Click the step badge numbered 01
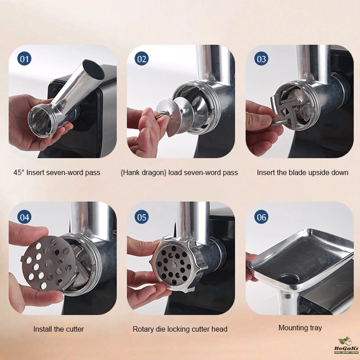(24, 58)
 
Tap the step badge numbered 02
(141, 58)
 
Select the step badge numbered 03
(261, 58)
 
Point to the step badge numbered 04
(24, 217)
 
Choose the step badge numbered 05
(141, 217)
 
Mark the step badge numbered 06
(261, 217)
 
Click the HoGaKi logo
(346, 345)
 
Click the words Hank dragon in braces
(143, 173)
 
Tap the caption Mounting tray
(300, 328)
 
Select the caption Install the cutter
(58, 329)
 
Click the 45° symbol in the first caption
(19, 172)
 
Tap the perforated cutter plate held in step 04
(49, 263)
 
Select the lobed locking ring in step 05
(176, 264)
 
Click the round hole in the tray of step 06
(288, 279)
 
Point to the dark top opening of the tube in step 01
(94, 69)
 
